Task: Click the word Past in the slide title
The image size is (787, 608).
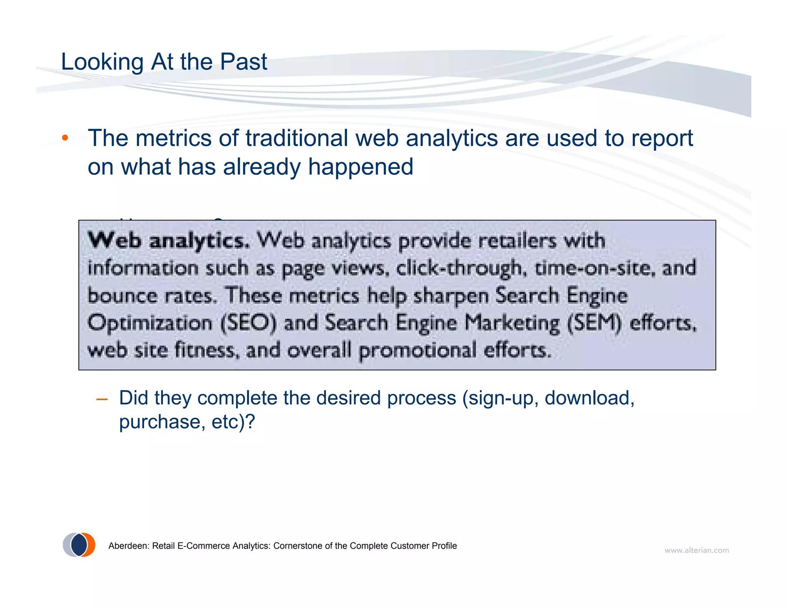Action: [x=243, y=62]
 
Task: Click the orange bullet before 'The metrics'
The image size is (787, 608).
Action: [x=65, y=138]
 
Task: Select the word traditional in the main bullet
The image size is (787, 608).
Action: [x=296, y=138]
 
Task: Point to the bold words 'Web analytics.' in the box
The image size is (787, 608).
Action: [x=169, y=241]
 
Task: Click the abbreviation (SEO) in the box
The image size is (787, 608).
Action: [x=248, y=323]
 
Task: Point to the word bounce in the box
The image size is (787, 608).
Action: [x=123, y=296]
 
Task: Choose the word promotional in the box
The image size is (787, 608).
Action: [x=417, y=350]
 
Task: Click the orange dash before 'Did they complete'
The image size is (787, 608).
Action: [x=102, y=400]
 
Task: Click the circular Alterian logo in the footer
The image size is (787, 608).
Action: [x=79, y=545]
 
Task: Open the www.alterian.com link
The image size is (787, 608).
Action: [x=696, y=550]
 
